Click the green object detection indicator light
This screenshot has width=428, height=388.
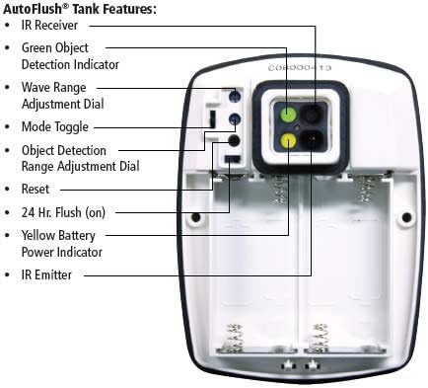287,115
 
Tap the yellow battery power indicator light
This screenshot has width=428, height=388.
287,140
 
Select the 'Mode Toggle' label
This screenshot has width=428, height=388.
55,127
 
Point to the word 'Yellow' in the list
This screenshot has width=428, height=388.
39,235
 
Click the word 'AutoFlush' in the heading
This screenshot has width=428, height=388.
31,7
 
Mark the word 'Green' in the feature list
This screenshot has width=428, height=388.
37,46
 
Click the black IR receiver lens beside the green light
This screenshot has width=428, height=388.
314,115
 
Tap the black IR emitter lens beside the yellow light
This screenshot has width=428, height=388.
314,140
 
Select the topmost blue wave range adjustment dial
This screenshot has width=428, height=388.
234,98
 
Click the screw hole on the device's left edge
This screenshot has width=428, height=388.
195,217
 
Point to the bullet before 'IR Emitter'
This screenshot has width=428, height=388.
10,275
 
